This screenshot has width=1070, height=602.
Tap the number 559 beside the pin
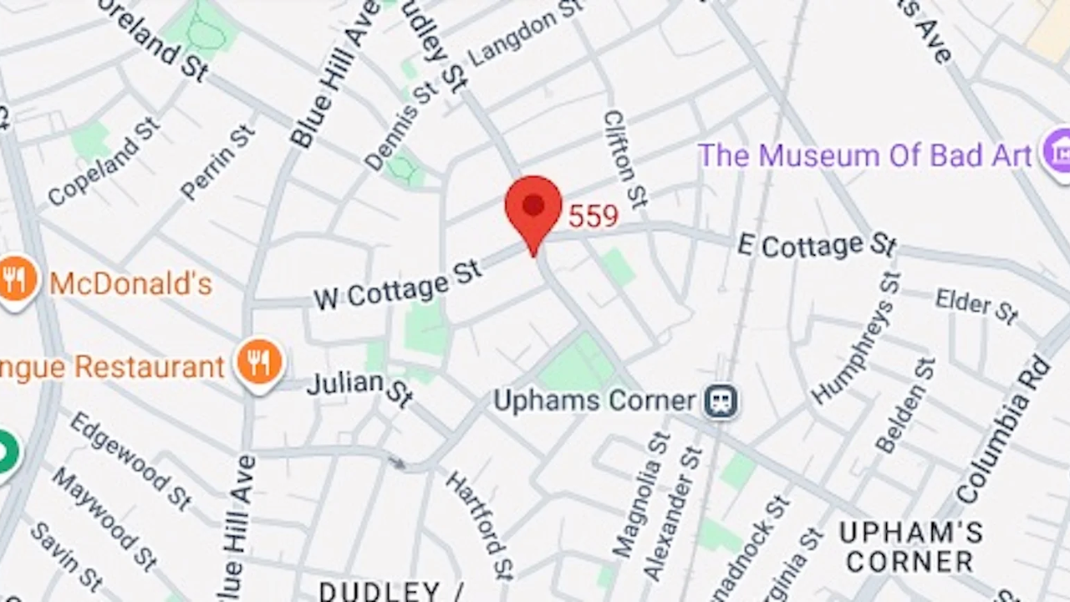tap(593, 217)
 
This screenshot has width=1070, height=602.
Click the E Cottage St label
tap(817, 245)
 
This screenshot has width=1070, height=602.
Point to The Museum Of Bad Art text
tap(864, 156)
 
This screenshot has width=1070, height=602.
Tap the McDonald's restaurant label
tap(130, 283)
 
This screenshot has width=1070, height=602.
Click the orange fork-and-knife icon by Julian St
tap(259, 364)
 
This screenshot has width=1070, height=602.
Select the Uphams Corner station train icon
tap(720, 400)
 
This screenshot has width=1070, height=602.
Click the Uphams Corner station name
tap(594, 400)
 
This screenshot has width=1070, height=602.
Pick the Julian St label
tap(359, 387)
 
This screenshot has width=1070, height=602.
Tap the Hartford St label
tap(479, 524)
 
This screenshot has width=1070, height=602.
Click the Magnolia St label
tap(642, 493)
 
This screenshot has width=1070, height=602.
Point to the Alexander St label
tap(673, 512)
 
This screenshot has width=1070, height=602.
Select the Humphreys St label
tap(856, 337)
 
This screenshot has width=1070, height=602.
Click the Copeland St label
tap(103, 161)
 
